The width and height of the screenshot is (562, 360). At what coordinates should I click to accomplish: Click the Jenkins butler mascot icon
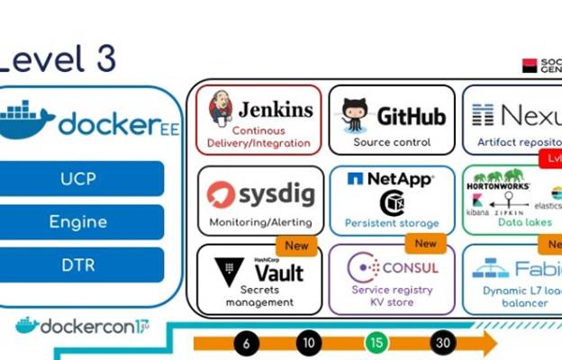(x=220, y=108)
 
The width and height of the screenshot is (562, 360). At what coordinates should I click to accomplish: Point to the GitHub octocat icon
(x=354, y=115)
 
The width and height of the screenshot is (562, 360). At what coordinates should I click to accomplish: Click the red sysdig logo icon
(x=221, y=193)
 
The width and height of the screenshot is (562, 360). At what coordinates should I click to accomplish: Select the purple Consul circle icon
(x=363, y=267)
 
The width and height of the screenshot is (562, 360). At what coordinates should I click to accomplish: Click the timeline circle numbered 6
(x=247, y=343)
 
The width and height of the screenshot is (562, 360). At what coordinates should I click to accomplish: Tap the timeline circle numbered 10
(x=308, y=343)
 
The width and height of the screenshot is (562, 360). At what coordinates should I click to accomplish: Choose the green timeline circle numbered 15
(x=376, y=343)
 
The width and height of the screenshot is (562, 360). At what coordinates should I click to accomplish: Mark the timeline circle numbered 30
(x=442, y=343)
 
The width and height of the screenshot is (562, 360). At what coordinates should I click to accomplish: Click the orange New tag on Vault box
(x=296, y=245)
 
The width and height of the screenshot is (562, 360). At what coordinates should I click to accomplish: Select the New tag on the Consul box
(x=425, y=243)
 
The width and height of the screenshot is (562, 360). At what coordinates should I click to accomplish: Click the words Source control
(x=391, y=142)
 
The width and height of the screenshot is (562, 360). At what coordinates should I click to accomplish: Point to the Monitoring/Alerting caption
(x=260, y=221)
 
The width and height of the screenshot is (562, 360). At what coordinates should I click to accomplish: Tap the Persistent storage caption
(x=392, y=222)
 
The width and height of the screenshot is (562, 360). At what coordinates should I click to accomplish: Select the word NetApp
(x=401, y=179)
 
